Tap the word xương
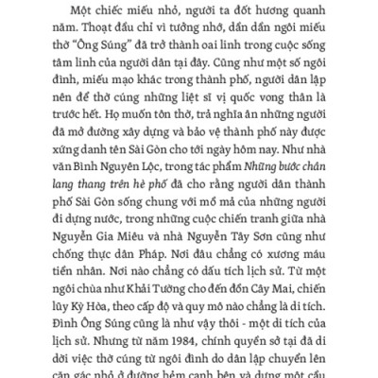coord(279,316)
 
